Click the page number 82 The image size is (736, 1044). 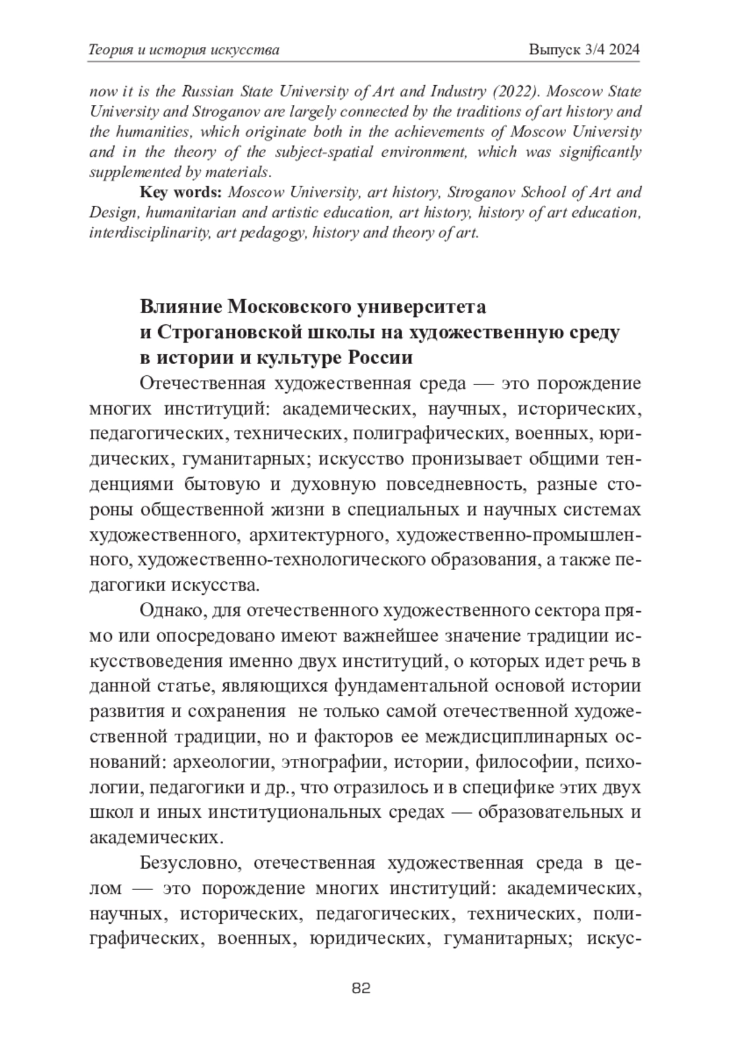coord(361,988)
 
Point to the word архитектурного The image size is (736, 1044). coord(310,535)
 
